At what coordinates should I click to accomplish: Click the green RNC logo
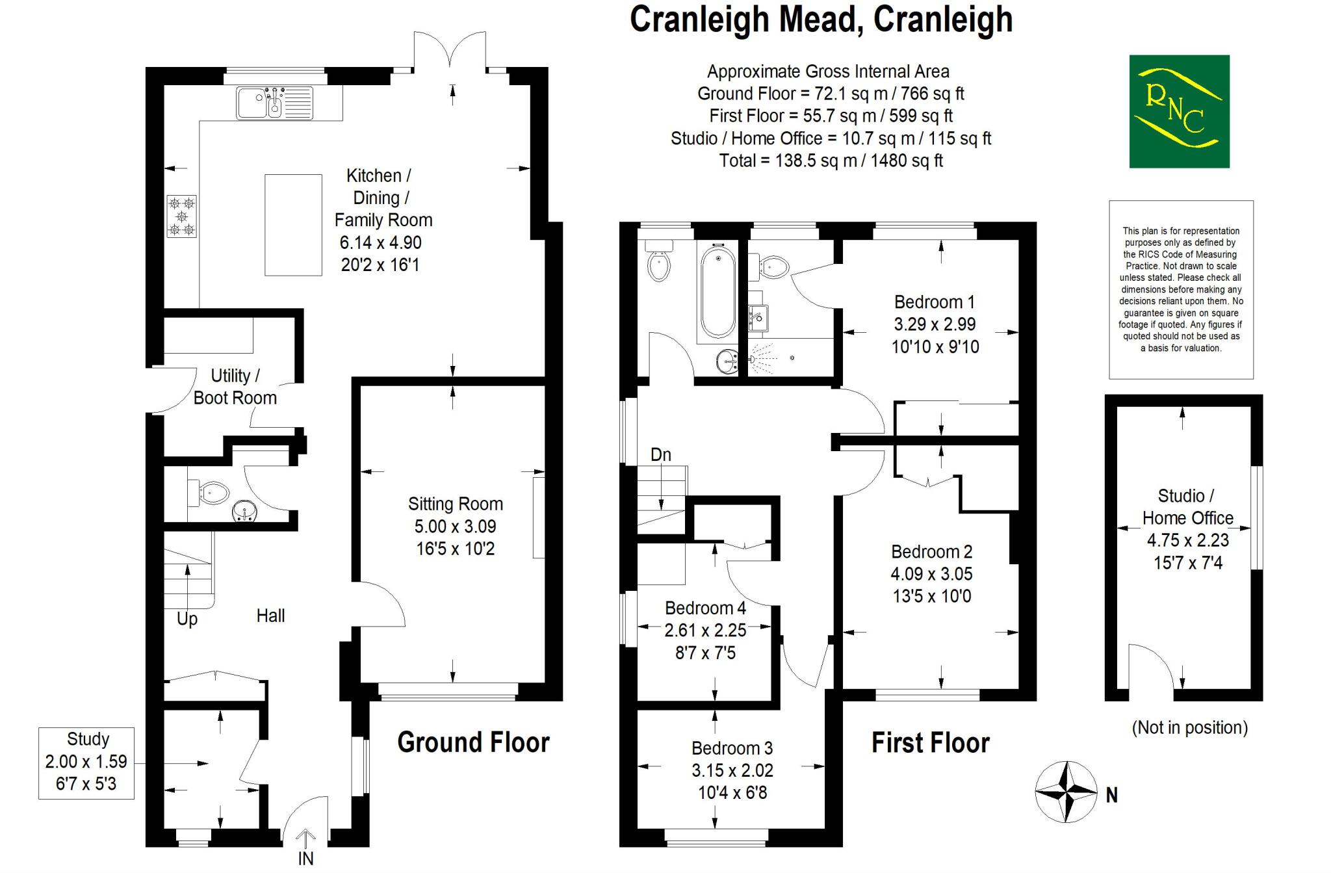[1179, 111]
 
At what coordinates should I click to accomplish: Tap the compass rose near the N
[1066, 792]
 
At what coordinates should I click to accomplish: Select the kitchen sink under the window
[274, 103]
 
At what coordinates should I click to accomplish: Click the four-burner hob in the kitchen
[181, 216]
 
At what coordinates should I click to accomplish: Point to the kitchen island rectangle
[293, 225]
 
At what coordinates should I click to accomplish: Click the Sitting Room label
[455, 504]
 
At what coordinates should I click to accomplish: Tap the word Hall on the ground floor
[270, 616]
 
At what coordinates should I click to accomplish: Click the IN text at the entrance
[305, 858]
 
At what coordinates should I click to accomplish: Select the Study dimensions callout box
[86, 762]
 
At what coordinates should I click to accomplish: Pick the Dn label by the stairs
[660, 454]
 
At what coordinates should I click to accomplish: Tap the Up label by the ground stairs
[187, 618]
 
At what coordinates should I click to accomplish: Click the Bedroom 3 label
[732, 748]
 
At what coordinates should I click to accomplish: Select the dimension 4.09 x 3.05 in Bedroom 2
[931, 574]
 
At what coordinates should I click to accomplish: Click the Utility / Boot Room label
[235, 387]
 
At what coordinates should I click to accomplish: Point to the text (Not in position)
[1189, 727]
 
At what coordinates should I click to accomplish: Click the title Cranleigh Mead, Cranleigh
[821, 20]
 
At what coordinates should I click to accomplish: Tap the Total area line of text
[831, 161]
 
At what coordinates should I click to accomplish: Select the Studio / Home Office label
[1187, 507]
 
